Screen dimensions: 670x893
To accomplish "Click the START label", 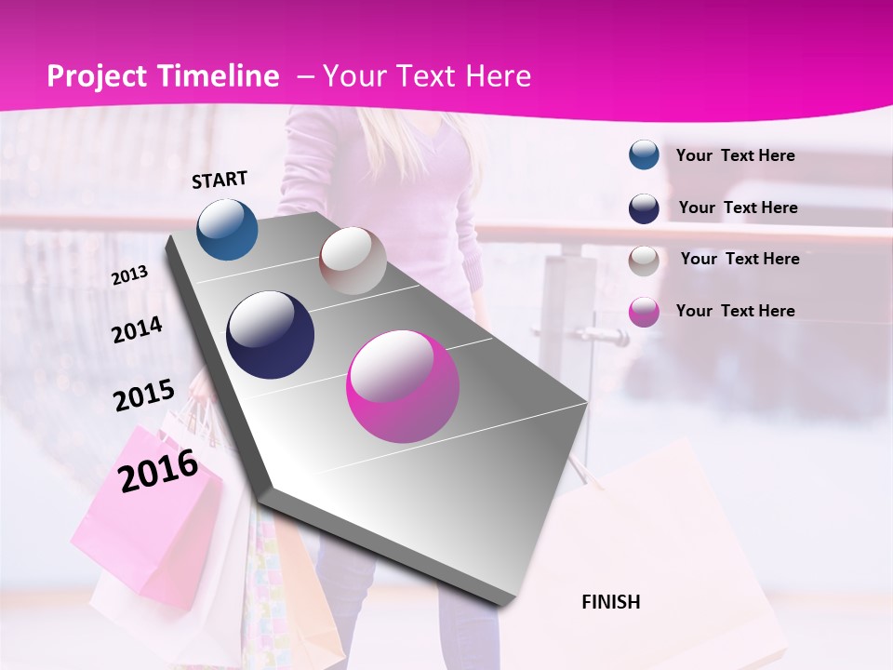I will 220,180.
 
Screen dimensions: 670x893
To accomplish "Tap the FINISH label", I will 610,602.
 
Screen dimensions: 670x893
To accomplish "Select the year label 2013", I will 129,275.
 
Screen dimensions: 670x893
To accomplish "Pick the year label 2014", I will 137,329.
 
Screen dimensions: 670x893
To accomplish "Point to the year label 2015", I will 143,396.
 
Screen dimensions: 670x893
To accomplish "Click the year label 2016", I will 158,470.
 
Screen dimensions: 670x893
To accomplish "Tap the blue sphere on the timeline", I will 227,229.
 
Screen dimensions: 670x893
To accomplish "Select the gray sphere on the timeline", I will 353,261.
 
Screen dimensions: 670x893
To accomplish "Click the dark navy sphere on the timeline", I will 270,335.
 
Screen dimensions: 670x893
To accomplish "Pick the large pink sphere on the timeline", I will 403,385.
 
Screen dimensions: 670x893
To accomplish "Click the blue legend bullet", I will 644,155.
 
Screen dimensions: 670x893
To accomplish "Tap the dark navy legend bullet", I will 644,208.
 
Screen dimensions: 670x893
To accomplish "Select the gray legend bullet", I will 644,260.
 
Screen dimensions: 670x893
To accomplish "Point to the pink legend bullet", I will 644,312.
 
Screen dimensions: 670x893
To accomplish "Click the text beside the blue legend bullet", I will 735,155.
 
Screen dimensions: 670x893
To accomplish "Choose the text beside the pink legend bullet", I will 735,311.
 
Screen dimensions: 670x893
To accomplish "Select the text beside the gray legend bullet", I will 740,259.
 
